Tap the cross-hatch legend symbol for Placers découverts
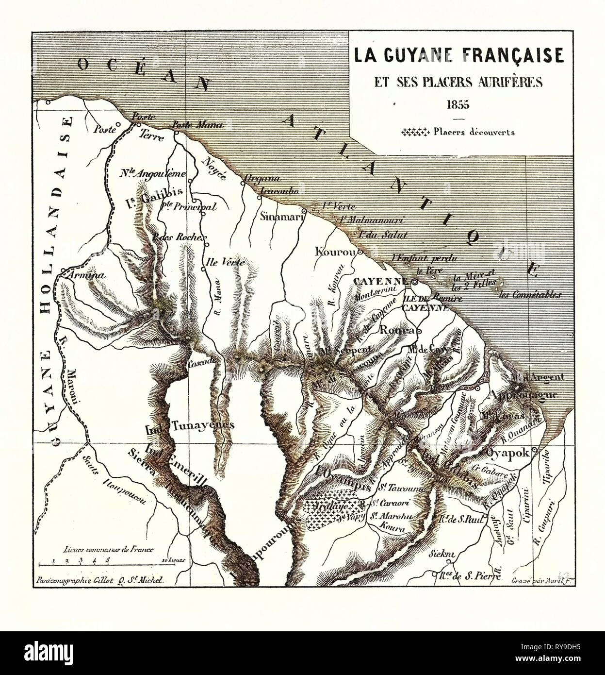click(416, 131)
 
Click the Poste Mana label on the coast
click(197, 125)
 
